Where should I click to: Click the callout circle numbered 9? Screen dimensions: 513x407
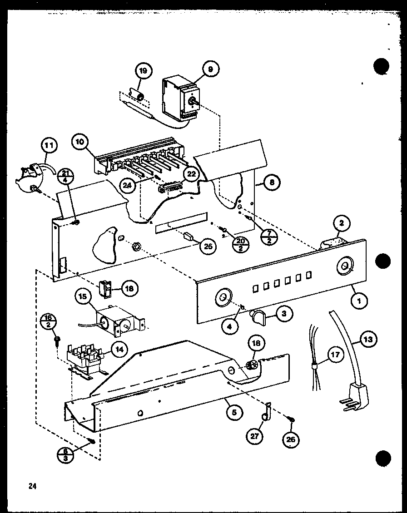point(210,69)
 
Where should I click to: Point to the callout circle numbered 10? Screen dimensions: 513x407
point(80,142)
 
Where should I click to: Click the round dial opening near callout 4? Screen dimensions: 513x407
point(223,298)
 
